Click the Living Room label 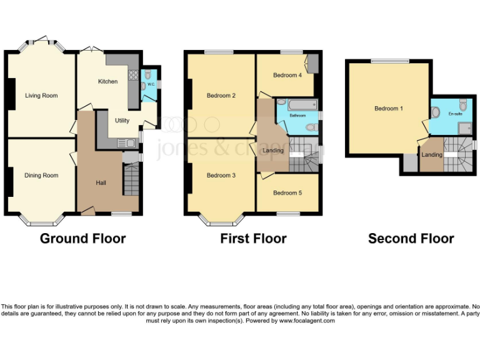click(41, 96)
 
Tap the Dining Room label click(41, 176)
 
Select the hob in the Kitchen click(133, 76)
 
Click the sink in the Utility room click(129, 143)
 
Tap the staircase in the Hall click(131, 181)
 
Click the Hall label click(101, 183)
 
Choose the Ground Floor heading click(82, 239)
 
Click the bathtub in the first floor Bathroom click(297, 104)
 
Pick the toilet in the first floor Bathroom click(309, 127)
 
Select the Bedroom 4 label click(287, 76)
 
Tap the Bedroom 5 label click(287, 193)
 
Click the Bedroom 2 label click(221, 96)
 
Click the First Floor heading click(253, 239)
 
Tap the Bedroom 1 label click(388, 109)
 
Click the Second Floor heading click(411, 239)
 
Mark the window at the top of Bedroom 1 click(389, 61)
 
